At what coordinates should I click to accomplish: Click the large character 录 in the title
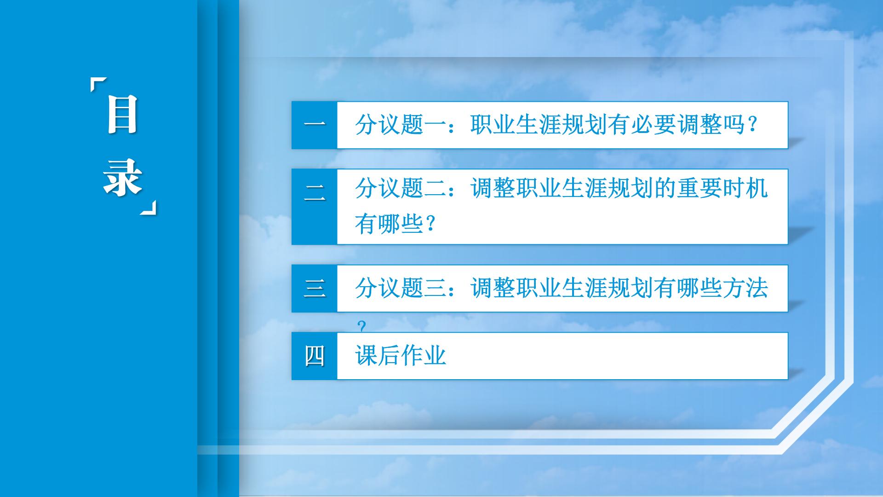point(122,178)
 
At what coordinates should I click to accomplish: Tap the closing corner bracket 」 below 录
point(149,208)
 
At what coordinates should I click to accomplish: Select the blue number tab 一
point(315,125)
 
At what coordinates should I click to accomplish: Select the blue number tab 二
point(315,207)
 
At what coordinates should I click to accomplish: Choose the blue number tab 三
point(315,289)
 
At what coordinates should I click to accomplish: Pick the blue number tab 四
point(315,356)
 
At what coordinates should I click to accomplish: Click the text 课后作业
point(401,356)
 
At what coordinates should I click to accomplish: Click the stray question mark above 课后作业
point(362,327)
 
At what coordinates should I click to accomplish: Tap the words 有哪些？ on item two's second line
point(395,224)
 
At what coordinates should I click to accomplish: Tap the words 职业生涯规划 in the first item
point(539,124)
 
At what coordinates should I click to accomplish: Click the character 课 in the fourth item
point(366,356)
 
